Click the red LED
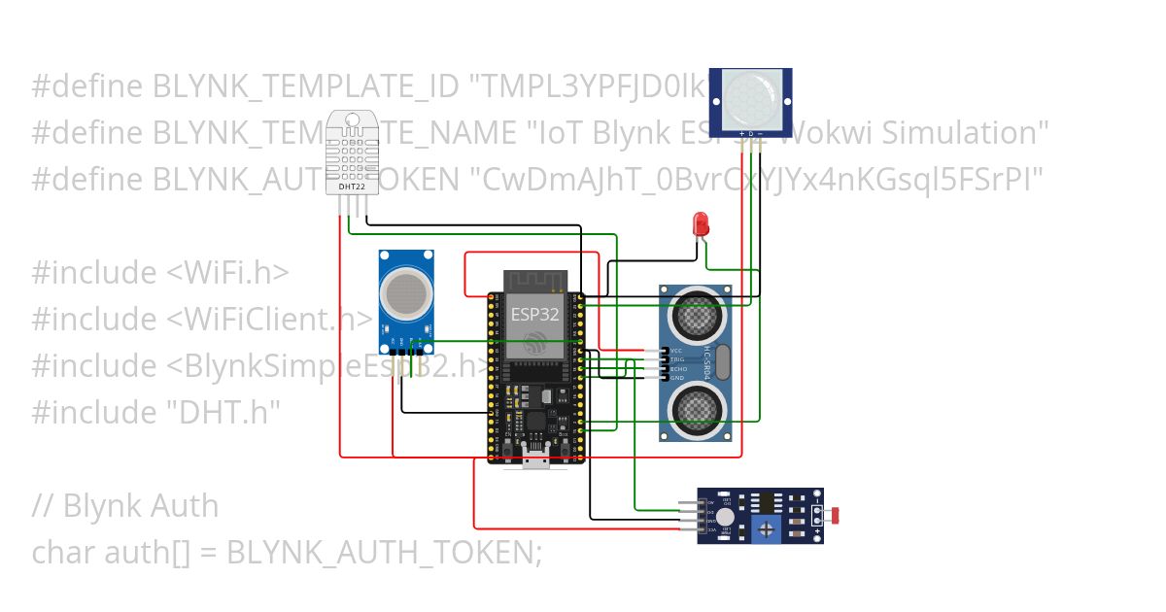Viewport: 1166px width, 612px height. click(700, 223)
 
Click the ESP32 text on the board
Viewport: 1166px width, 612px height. click(534, 314)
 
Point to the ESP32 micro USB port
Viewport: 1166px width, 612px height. click(533, 460)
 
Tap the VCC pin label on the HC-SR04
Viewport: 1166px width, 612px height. click(676, 350)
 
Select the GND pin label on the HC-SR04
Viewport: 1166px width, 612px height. click(676, 378)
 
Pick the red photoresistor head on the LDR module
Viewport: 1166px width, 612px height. click(837, 514)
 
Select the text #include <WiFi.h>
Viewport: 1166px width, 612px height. click(160, 273)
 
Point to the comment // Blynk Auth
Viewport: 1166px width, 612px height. click(125, 505)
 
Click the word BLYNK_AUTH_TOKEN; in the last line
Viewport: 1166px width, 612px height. click(384, 552)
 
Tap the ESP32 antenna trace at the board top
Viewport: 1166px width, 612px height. click(533, 281)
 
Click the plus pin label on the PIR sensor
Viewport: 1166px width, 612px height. click(741, 132)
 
